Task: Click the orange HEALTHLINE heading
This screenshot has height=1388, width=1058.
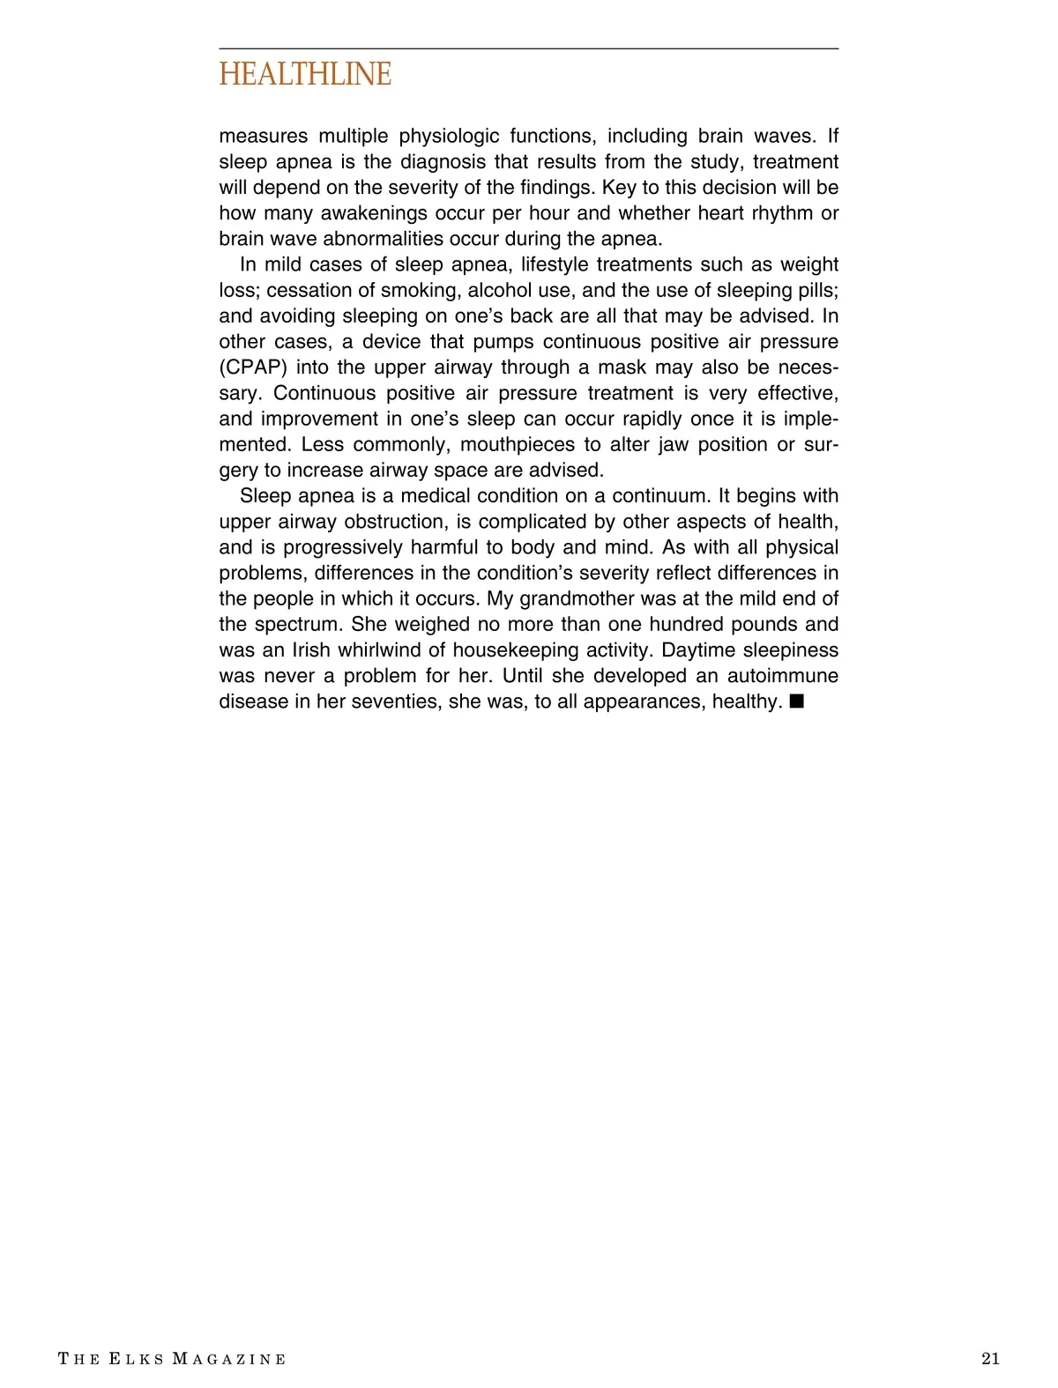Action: pyautogui.click(x=305, y=75)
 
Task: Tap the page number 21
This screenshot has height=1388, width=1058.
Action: pyautogui.click(x=990, y=1358)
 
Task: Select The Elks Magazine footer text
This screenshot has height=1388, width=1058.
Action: pyautogui.click(x=172, y=1359)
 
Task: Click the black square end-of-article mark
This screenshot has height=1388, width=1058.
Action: pyautogui.click(x=797, y=701)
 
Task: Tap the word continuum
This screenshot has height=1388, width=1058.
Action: pyautogui.click(x=652, y=496)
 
